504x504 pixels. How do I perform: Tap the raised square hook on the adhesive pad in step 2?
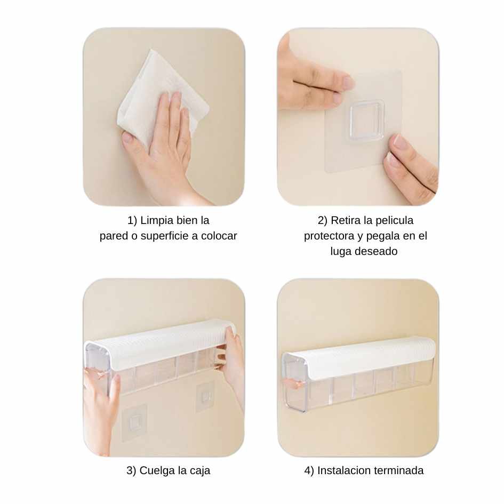pyautogui.click(x=367, y=121)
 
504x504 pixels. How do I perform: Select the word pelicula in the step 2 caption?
pyautogui.click(x=394, y=220)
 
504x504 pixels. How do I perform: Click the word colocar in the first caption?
pyautogui.click(x=219, y=236)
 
